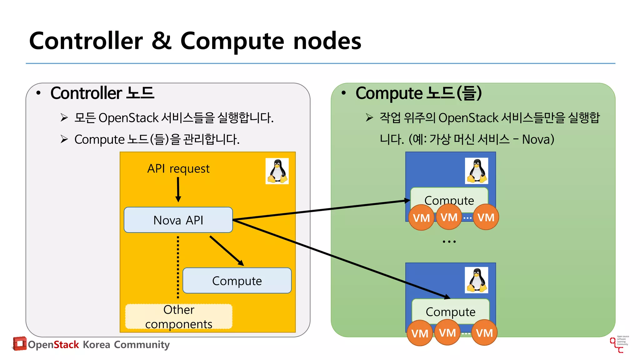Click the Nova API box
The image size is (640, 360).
[x=178, y=220]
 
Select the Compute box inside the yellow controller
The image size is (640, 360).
[x=237, y=281]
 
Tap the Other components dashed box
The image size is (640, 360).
[x=179, y=317]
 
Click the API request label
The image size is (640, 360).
[x=178, y=168]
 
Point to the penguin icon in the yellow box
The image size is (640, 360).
[x=277, y=171]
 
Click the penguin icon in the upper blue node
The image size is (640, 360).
[x=476, y=171]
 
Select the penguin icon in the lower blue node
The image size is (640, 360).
[x=476, y=280]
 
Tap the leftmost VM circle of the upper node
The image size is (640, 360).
[x=421, y=217]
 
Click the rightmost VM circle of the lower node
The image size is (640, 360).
[x=484, y=333]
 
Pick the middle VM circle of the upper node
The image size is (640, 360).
[x=449, y=217]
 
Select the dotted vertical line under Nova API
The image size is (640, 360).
[x=178, y=267]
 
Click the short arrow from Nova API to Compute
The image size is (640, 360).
[x=227, y=251]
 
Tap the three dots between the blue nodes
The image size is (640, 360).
[x=449, y=242]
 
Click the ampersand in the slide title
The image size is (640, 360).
[x=162, y=41]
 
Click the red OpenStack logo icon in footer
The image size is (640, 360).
[x=19, y=343]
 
